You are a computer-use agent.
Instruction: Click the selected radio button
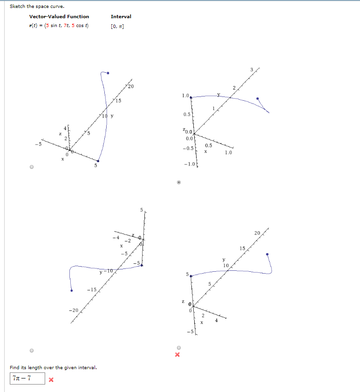pyautogui.click(x=178, y=182)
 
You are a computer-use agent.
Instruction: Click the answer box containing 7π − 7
pyautogui.click(x=27, y=378)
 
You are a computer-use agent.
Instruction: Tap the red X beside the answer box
pyautogui.click(x=51, y=379)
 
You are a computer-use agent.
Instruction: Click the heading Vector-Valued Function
pyautogui.click(x=59, y=16)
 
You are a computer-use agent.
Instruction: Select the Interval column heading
pyautogui.click(x=121, y=16)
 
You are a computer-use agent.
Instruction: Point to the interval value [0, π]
pyautogui.click(x=117, y=26)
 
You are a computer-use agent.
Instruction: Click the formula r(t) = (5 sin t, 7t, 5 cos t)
pyautogui.click(x=59, y=26)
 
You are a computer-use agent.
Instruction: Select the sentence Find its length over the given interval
pyautogui.click(x=53, y=368)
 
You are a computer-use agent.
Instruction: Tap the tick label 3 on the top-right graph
pyautogui.click(x=251, y=70)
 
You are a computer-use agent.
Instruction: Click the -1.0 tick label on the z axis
pyautogui.click(x=189, y=165)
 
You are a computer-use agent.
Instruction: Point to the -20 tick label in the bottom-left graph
pyautogui.click(x=74, y=310)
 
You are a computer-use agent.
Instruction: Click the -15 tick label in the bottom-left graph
pyautogui.click(x=91, y=289)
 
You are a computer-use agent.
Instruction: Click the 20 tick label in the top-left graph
pyautogui.click(x=130, y=87)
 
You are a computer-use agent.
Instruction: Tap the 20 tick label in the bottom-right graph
pyautogui.click(x=257, y=233)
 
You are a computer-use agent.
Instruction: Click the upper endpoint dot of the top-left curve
pyautogui.click(x=108, y=73)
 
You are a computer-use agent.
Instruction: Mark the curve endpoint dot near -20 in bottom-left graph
pyautogui.click(x=71, y=291)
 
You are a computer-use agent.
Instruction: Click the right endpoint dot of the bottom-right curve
pyautogui.click(x=267, y=254)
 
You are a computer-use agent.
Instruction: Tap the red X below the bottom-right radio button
pyautogui.click(x=177, y=355)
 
